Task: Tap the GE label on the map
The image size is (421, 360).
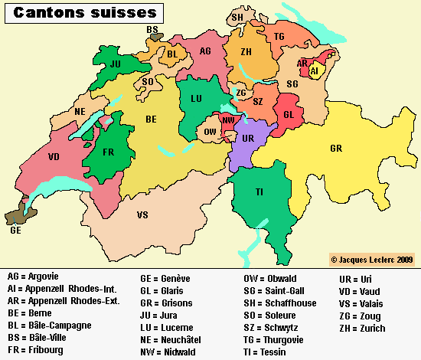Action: click(x=15, y=229)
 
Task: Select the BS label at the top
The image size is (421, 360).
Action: click(x=152, y=29)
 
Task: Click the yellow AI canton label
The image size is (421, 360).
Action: click(x=314, y=70)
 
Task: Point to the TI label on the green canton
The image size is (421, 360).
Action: click(x=260, y=191)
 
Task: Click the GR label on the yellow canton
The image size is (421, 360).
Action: click(x=336, y=148)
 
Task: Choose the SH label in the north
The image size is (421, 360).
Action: click(x=238, y=17)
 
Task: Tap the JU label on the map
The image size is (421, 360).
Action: click(x=116, y=64)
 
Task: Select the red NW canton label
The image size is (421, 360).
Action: click(x=228, y=120)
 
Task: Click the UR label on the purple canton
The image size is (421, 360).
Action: click(x=248, y=139)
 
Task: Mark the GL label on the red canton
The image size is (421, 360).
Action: click(x=289, y=114)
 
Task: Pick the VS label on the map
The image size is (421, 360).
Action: click(x=142, y=215)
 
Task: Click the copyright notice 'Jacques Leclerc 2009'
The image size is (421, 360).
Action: click(x=373, y=260)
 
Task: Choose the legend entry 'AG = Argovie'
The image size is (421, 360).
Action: click(x=33, y=276)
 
